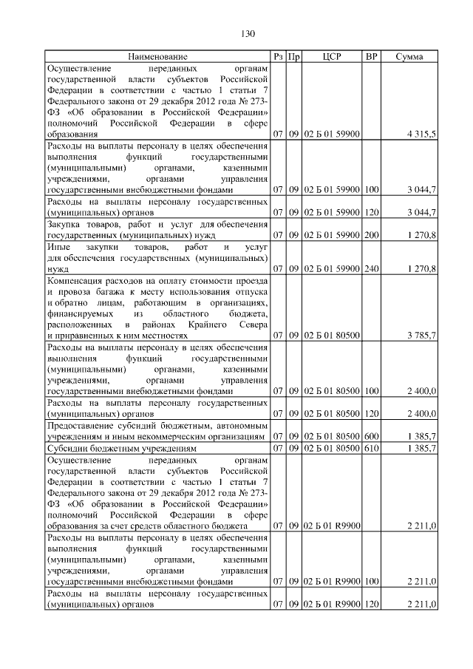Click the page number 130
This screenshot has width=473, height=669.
(x=248, y=34)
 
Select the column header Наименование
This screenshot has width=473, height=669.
(x=157, y=56)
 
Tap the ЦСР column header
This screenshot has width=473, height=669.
(x=332, y=56)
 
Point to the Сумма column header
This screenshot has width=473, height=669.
(x=409, y=56)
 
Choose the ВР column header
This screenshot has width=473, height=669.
(x=371, y=56)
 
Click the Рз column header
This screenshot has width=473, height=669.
(x=278, y=56)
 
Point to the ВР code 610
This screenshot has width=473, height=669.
(x=371, y=448)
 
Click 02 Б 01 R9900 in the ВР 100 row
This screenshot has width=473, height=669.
(x=332, y=582)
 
